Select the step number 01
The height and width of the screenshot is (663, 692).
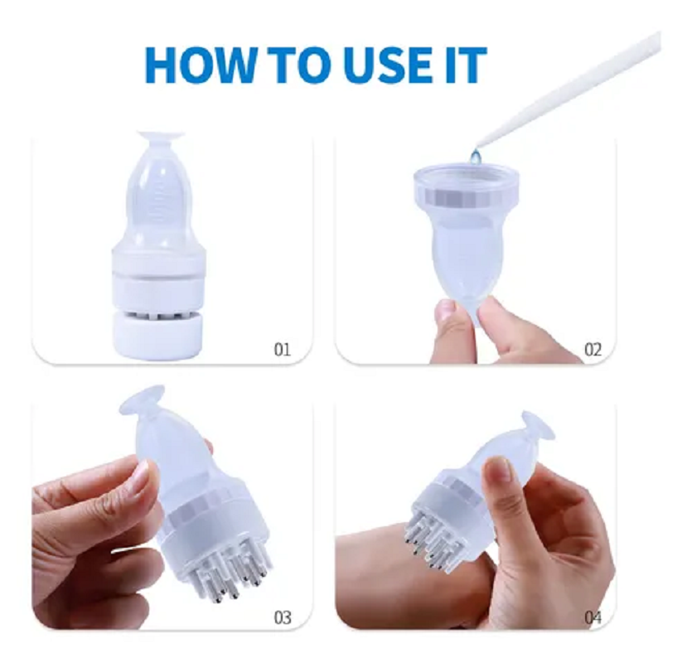pos(283,350)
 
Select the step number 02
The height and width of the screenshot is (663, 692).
pos(593,350)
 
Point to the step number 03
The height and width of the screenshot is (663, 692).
pos(283,617)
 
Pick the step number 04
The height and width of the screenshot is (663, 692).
pos(593,617)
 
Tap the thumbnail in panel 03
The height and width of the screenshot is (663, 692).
pos(141,475)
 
